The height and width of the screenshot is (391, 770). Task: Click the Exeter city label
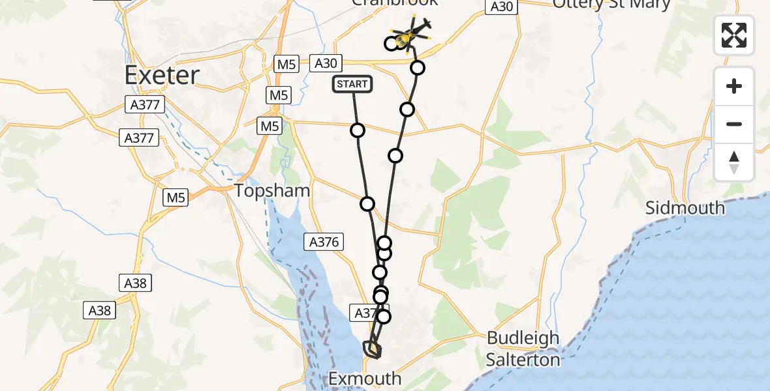pyautogui.click(x=162, y=76)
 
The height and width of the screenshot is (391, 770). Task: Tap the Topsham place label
pyautogui.click(x=272, y=190)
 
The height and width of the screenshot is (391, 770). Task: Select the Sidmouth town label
pyautogui.click(x=685, y=208)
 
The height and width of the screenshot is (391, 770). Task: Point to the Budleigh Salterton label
pyautogui.click(x=523, y=349)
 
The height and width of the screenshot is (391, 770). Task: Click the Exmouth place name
pyautogui.click(x=364, y=378)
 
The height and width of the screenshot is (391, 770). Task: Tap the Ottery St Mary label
pyautogui.click(x=611, y=5)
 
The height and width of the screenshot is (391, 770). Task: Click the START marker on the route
pyautogui.click(x=352, y=84)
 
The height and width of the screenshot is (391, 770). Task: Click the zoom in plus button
pyautogui.click(x=734, y=86)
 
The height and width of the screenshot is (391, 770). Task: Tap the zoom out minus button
pyautogui.click(x=734, y=124)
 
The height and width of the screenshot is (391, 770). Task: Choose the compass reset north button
pyautogui.click(x=734, y=162)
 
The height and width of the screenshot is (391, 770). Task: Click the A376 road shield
pyautogui.click(x=323, y=242)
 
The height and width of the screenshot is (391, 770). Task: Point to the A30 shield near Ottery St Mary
pyautogui.click(x=501, y=7)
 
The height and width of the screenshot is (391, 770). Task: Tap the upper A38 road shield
pyautogui.click(x=136, y=283)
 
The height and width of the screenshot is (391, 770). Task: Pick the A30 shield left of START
pyautogui.click(x=326, y=63)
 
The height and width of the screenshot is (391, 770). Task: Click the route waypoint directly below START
pyautogui.click(x=358, y=130)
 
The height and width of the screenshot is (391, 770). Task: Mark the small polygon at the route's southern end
pyautogui.click(x=372, y=350)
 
